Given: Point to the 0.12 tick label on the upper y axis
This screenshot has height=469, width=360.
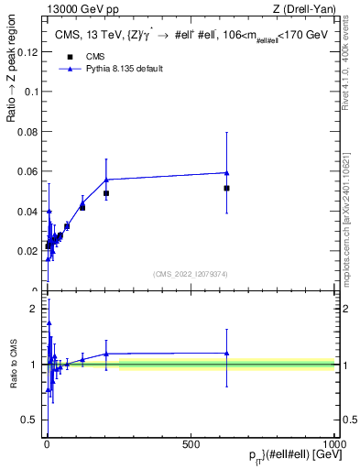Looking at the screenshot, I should point(28,52).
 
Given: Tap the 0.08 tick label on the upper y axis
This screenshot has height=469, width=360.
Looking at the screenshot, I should point(28,132).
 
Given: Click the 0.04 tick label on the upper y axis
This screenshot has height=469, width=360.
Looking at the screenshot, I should point(28,211).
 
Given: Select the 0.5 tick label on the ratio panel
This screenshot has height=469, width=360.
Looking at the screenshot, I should point(32,420).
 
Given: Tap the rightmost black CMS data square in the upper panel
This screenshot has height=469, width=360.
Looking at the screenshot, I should point(226,188).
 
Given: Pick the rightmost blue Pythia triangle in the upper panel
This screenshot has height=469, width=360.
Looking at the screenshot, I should point(226,172).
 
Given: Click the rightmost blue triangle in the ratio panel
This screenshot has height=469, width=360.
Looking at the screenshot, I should point(226,353).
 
